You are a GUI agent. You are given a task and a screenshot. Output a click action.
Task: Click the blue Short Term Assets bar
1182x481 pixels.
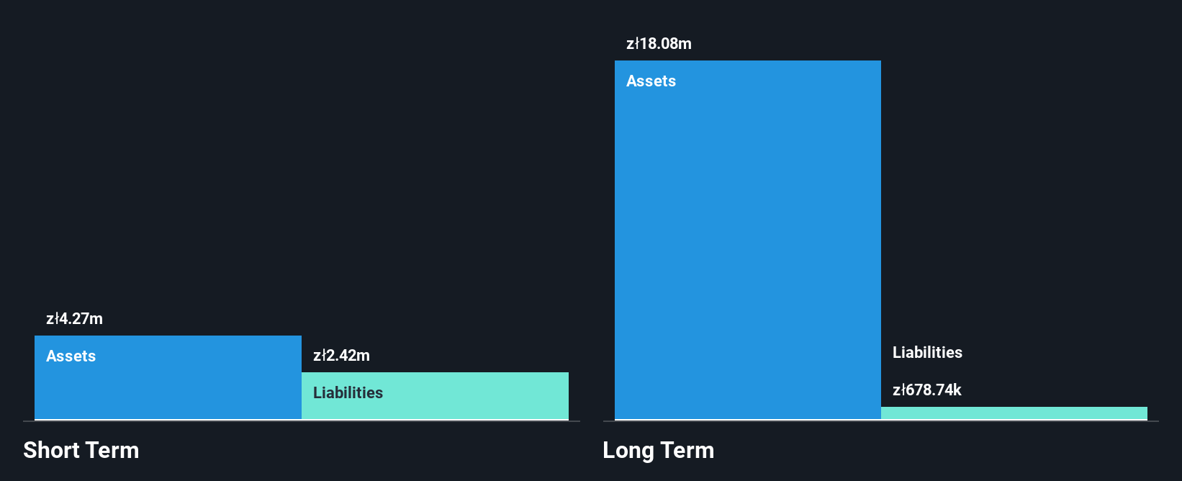tap(168, 377)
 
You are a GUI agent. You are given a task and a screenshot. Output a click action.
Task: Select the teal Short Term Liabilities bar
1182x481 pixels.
tap(436, 396)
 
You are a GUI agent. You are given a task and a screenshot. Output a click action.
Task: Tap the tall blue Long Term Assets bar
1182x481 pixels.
tap(748, 240)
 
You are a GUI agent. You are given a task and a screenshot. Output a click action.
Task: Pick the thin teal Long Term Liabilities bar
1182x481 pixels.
tap(1014, 413)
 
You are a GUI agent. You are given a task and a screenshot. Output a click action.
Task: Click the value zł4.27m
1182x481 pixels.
tap(74, 319)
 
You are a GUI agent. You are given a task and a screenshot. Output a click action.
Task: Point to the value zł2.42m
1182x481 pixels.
tap(341, 355)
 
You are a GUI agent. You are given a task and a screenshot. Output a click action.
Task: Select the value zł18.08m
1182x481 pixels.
tap(659, 44)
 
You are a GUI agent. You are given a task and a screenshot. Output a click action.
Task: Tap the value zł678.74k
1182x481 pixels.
tap(926, 390)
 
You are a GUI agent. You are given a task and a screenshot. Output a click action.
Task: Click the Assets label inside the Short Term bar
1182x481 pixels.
tap(71, 356)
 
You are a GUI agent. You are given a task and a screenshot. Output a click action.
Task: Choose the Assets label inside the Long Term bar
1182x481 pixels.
tap(651, 81)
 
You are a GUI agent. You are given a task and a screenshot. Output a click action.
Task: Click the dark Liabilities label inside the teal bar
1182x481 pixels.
tap(348, 393)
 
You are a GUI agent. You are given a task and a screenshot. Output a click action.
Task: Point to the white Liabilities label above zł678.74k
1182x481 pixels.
tap(927, 352)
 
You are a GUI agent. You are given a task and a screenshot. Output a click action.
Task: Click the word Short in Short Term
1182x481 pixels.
tap(50, 450)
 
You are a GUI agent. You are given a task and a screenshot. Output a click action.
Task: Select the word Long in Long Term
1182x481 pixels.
tap(628, 450)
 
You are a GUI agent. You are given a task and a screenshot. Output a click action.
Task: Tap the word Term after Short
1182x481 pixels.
tap(112, 450)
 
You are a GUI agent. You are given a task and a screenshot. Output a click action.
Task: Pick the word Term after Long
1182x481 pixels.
tap(687, 450)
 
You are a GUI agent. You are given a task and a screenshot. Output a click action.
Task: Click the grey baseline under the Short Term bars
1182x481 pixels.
tap(302, 421)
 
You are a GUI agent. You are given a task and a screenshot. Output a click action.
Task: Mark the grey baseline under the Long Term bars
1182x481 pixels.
tap(880, 421)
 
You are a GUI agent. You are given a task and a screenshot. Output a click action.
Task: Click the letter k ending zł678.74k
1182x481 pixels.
tap(957, 390)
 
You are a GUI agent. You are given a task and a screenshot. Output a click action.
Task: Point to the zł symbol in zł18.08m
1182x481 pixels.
tap(633, 44)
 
